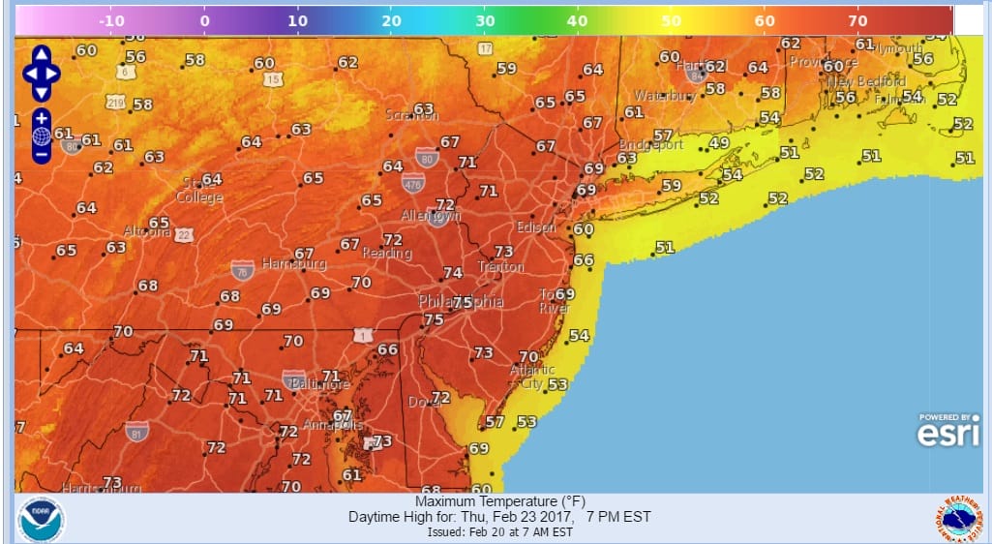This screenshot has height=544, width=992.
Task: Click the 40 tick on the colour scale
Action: click(x=577, y=19)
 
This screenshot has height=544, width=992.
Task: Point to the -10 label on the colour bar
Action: click(x=111, y=19)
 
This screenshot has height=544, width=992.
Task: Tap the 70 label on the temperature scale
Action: click(x=857, y=19)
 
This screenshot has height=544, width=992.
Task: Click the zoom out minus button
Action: click(x=42, y=155)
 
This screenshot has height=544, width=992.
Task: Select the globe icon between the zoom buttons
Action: click(x=42, y=136)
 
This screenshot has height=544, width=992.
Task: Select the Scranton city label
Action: click(x=411, y=115)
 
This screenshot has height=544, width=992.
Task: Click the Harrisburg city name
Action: click(x=294, y=263)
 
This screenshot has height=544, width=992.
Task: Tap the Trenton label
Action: click(x=500, y=266)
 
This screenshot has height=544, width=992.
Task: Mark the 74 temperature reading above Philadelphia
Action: click(x=452, y=274)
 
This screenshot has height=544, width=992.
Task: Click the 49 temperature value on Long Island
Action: click(x=718, y=143)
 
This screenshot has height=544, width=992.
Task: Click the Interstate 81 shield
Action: click(x=136, y=432)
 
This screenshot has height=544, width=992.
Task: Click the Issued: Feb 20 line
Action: click(x=499, y=532)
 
